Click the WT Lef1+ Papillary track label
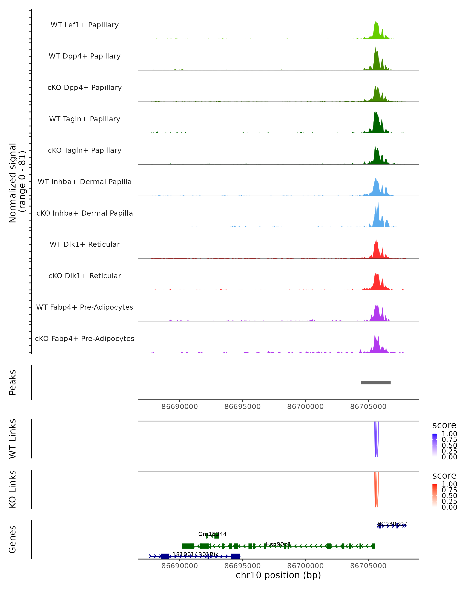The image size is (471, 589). pyautogui.click(x=85, y=25)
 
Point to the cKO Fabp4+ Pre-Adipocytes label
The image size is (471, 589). pyautogui.click(x=85, y=338)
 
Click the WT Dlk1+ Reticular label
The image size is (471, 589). pyautogui.click(x=85, y=244)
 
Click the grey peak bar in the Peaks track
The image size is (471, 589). pyautogui.click(x=376, y=382)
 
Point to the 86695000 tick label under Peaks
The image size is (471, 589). pyautogui.click(x=242, y=407)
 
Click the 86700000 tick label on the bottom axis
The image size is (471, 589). pyautogui.click(x=305, y=566)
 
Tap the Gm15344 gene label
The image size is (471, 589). pyautogui.click(x=212, y=534)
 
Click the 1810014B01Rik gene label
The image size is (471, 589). pyautogui.click(x=195, y=554)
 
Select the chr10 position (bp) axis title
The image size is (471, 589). pyautogui.click(x=278, y=575)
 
